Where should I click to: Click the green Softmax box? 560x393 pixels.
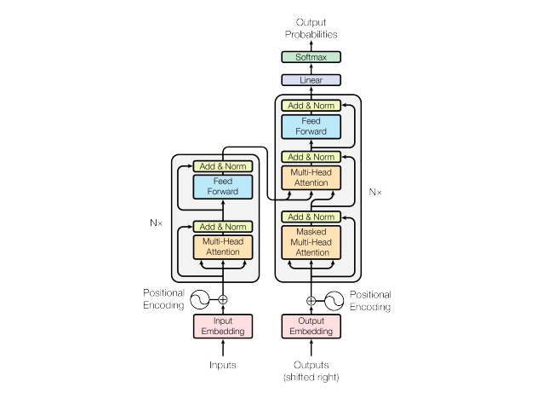pyautogui.click(x=311, y=57)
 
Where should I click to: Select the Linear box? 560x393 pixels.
pyautogui.click(x=311, y=80)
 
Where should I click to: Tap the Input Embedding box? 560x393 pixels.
pyautogui.click(x=223, y=327)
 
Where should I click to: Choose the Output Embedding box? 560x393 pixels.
pyautogui.click(x=311, y=327)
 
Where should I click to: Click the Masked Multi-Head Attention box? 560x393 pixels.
pyautogui.click(x=311, y=242)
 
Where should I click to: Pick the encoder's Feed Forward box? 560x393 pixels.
pyautogui.click(x=223, y=187)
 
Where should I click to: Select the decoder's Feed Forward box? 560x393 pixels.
pyautogui.click(x=311, y=126)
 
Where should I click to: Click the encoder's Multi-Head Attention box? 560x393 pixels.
pyautogui.click(x=223, y=246)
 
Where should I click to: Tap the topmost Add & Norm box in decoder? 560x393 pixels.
pyautogui.click(x=311, y=106)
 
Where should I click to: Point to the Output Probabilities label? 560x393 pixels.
pyautogui.click(x=311, y=28)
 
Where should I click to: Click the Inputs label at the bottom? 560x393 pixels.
pyautogui.click(x=223, y=365)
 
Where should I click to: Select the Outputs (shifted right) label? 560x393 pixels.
pyautogui.click(x=311, y=371)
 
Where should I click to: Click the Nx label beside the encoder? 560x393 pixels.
pyautogui.click(x=156, y=223)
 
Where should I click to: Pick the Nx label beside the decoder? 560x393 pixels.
pyautogui.click(x=375, y=192)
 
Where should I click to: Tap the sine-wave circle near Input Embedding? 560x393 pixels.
pyautogui.click(x=200, y=300)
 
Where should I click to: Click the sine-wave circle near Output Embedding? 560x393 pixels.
pyautogui.click(x=334, y=301)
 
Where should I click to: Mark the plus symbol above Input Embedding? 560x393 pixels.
pyautogui.click(x=223, y=300)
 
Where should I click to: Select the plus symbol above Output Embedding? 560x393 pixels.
pyautogui.click(x=311, y=301)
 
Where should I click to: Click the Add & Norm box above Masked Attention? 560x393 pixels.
pyautogui.click(x=311, y=217)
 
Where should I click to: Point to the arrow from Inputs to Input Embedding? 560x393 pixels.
pyautogui.click(x=223, y=348)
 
